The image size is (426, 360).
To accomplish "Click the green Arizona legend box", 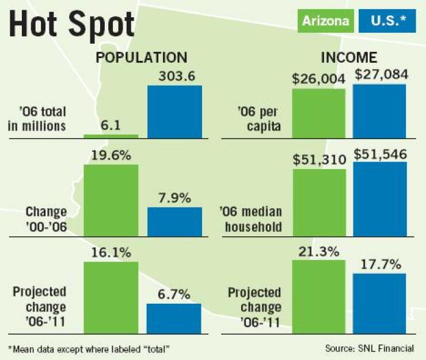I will [325, 21].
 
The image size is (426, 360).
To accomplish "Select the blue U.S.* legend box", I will [385, 21].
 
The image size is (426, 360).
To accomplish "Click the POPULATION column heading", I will [141, 58].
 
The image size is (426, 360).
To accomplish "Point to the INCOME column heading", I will [349, 58].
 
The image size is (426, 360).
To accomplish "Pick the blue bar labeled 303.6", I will [174, 112].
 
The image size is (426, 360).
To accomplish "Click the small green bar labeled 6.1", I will [111, 136].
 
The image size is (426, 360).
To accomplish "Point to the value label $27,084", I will [381, 74].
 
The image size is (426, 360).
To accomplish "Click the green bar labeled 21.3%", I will [318, 297].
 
